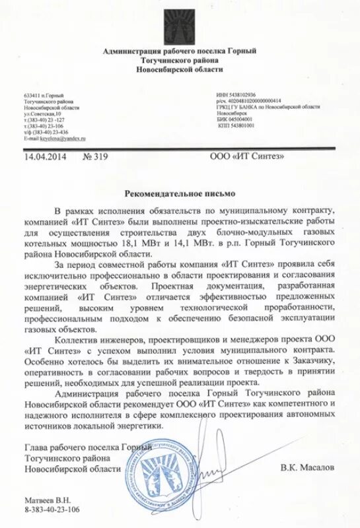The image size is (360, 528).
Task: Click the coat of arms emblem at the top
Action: point(180,22)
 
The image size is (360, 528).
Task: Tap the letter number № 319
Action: point(95,156)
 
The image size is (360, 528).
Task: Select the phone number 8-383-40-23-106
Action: point(52,510)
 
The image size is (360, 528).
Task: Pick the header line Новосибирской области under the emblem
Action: point(180,69)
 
